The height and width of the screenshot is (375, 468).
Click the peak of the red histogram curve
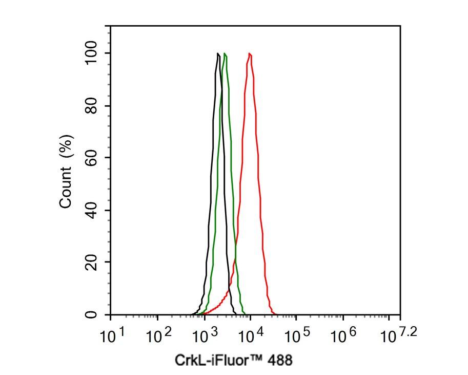click(250, 53)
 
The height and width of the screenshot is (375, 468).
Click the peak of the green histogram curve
click(225, 53)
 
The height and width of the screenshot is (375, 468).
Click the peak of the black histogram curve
click(218, 53)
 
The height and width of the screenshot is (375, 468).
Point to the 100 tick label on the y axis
click(92, 53)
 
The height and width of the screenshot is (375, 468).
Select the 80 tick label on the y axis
click(92, 106)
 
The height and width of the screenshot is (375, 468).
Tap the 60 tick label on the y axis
click(92, 158)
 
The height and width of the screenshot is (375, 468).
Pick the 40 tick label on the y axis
click(92, 210)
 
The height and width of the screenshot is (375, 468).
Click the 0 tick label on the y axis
click(92, 314)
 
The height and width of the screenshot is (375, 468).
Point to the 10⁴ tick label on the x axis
click(251, 336)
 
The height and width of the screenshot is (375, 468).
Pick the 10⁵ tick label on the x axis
click(297, 336)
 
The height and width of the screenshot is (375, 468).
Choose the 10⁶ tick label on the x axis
click(343, 336)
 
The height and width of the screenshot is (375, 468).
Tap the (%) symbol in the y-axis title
click(66, 146)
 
